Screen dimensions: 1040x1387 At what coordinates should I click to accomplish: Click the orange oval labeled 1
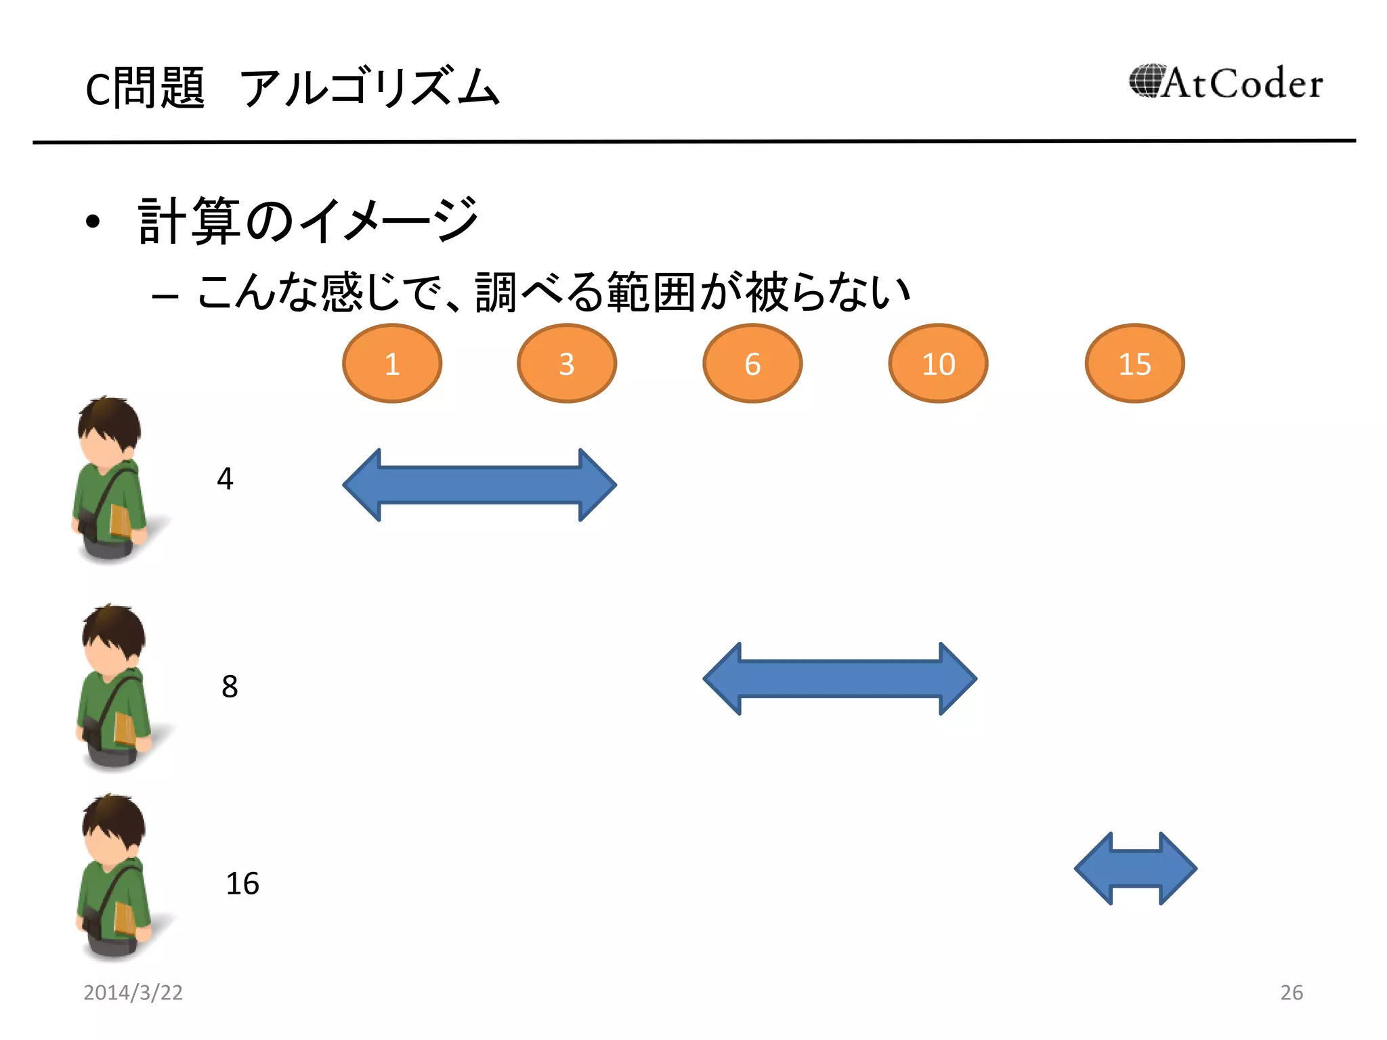point(392,364)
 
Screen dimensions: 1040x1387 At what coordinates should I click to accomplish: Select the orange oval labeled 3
point(567,364)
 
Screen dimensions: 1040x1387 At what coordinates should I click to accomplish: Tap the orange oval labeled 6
point(752,364)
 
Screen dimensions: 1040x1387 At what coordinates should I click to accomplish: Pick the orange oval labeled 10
point(938,364)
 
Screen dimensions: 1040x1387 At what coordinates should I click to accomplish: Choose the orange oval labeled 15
point(1134,364)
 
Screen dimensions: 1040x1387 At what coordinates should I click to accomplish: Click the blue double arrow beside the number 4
point(479,485)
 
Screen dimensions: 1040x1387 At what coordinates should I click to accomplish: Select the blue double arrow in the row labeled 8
point(840,678)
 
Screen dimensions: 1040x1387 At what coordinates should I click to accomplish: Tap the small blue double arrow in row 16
point(1136,868)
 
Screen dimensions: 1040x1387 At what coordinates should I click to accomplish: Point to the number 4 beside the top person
point(225,479)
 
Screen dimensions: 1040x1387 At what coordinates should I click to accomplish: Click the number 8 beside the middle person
point(230,687)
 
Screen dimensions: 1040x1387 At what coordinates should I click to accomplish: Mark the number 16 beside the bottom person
point(242,884)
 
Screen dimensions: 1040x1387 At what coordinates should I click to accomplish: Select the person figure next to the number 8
point(114,687)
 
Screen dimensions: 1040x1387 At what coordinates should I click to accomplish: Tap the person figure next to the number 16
point(114,877)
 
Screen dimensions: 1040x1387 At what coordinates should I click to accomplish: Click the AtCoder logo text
point(1243,84)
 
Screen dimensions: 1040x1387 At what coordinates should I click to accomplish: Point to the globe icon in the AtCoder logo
point(1146,81)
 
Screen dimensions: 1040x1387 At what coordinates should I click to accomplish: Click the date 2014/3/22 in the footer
point(133,992)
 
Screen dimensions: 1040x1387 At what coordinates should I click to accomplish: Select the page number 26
point(1292,992)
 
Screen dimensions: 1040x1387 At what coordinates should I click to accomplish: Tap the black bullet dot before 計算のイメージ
point(93,221)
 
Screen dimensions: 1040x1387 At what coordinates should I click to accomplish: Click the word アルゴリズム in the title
point(370,88)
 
